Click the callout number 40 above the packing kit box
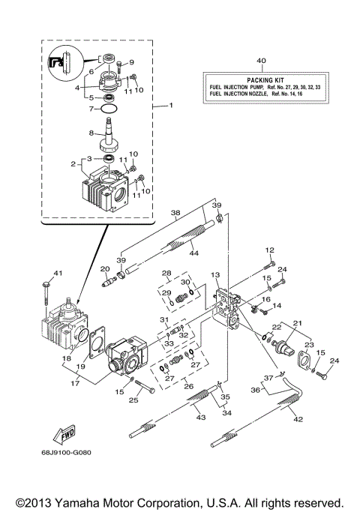point(261,60)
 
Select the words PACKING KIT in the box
point(261,79)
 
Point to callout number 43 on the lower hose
point(200,416)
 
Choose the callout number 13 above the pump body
point(214,275)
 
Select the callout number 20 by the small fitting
point(105,269)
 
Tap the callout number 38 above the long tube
point(175,212)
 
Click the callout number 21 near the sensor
point(298,322)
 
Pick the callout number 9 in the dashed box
point(130,62)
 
